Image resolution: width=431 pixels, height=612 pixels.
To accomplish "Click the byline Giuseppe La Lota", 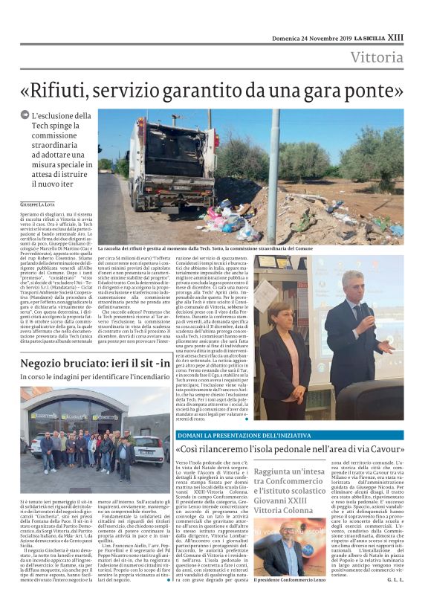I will point(41,202).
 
